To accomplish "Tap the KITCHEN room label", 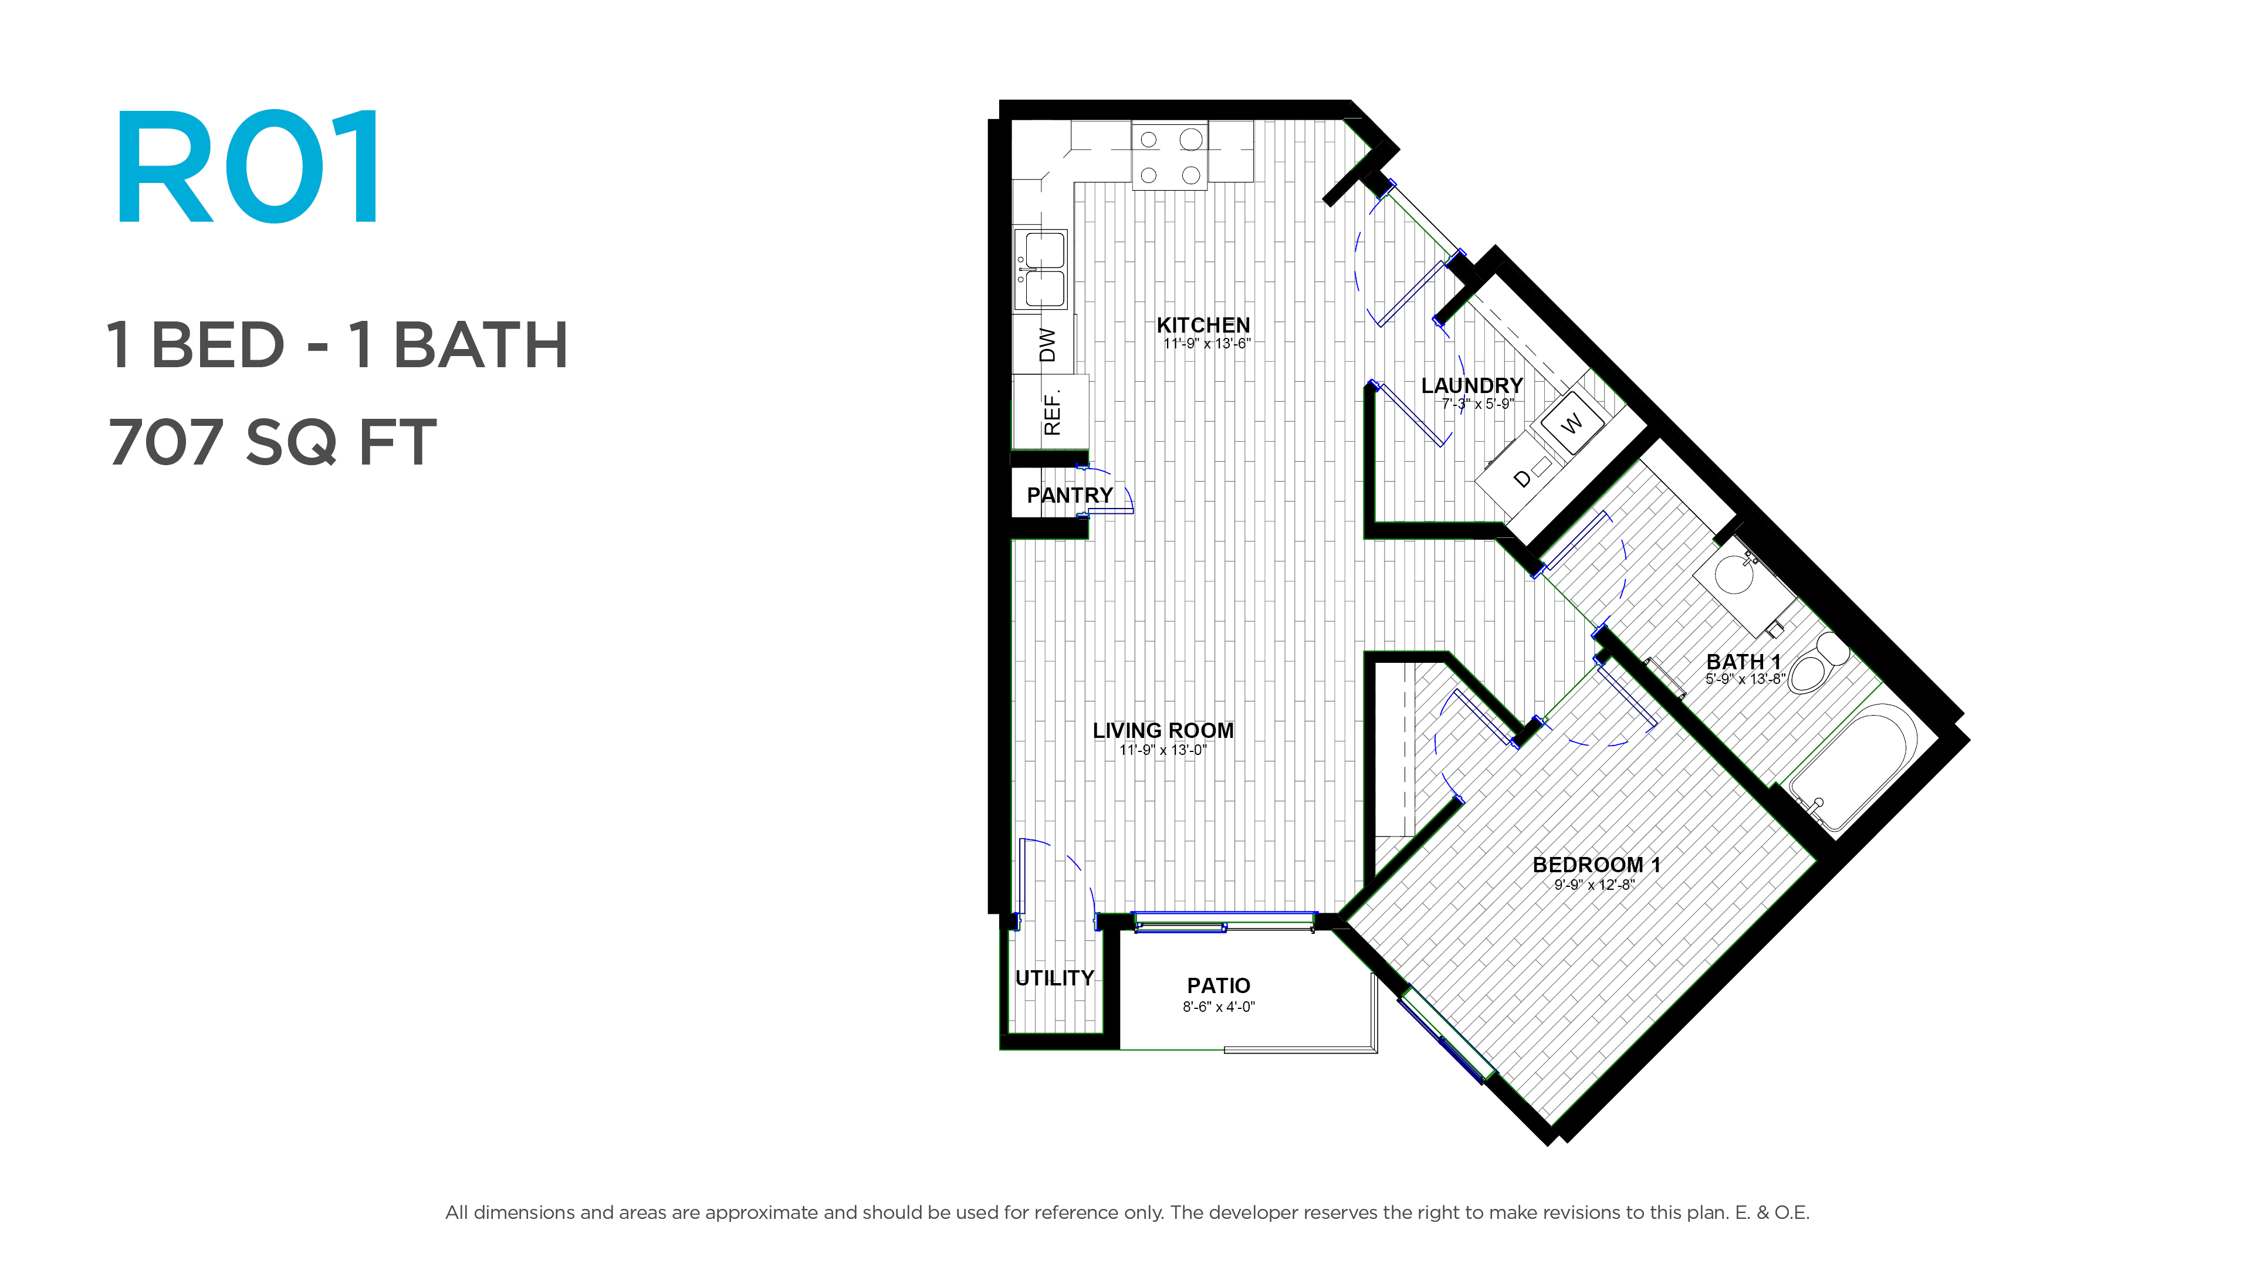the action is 1203,326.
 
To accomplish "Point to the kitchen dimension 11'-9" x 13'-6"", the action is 1207,344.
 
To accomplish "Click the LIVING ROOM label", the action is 1163,730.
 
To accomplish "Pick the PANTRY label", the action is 1070,495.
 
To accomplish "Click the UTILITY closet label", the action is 1055,978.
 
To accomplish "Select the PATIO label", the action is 1219,985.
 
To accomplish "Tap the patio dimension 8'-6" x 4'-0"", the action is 1219,1007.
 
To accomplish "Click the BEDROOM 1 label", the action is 1596,865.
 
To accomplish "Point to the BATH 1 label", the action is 1743,662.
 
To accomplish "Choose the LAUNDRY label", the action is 1472,385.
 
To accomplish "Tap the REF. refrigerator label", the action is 1052,412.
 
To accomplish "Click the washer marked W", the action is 1572,423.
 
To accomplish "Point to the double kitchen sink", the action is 1041,269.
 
